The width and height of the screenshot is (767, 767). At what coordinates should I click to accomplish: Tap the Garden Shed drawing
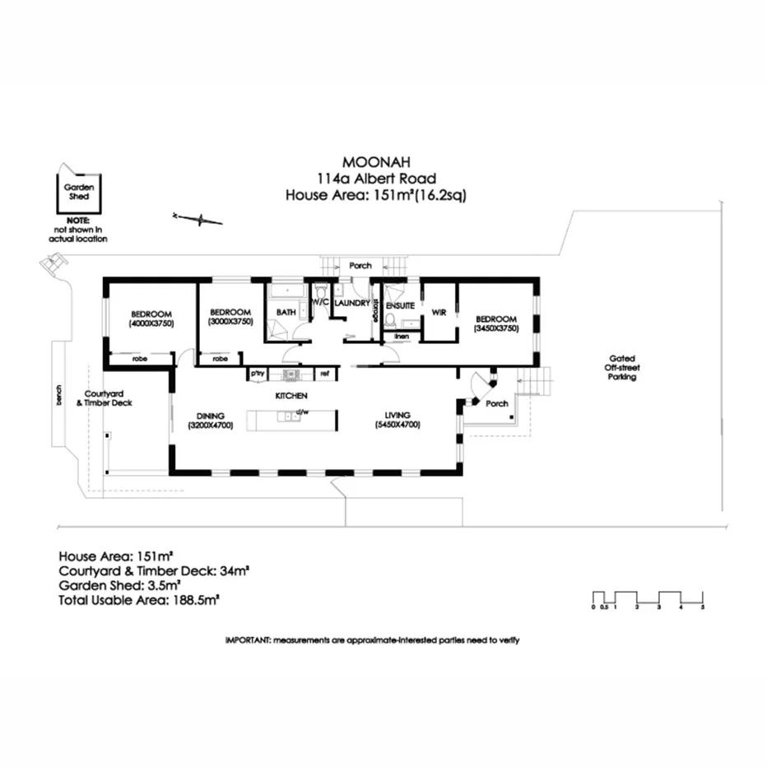click(x=79, y=194)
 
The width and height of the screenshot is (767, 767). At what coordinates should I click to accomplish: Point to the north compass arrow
click(x=198, y=218)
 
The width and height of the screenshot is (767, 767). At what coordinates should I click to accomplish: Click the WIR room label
click(x=439, y=312)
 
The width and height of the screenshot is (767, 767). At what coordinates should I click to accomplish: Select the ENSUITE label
click(x=400, y=304)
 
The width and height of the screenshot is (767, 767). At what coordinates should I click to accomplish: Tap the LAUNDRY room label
click(x=353, y=303)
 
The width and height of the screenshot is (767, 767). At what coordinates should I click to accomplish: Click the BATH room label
click(x=286, y=313)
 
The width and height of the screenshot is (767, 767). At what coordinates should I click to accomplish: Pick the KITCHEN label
click(x=291, y=396)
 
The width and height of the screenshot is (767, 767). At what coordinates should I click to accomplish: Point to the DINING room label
click(x=212, y=416)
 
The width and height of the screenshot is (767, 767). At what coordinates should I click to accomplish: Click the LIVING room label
click(x=402, y=415)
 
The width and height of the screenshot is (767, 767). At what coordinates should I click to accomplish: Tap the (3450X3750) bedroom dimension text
click(x=495, y=328)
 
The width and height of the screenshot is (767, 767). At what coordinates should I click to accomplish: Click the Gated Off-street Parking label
click(x=621, y=367)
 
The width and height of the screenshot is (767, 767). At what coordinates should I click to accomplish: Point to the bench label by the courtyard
click(x=58, y=397)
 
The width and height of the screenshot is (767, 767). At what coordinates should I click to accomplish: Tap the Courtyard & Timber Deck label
click(x=109, y=397)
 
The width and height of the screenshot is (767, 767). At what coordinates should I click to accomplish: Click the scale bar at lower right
click(x=648, y=598)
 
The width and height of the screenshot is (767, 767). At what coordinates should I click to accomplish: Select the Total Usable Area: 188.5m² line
click(x=139, y=602)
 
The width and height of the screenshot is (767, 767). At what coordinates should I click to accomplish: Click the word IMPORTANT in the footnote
click(x=248, y=639)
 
